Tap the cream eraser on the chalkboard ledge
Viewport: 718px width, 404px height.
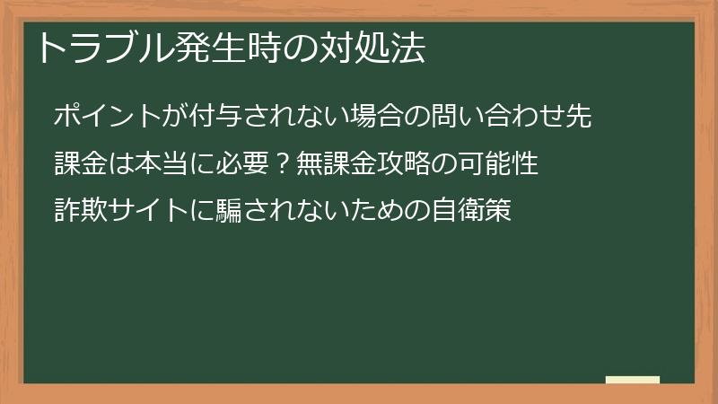click(632, 380)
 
